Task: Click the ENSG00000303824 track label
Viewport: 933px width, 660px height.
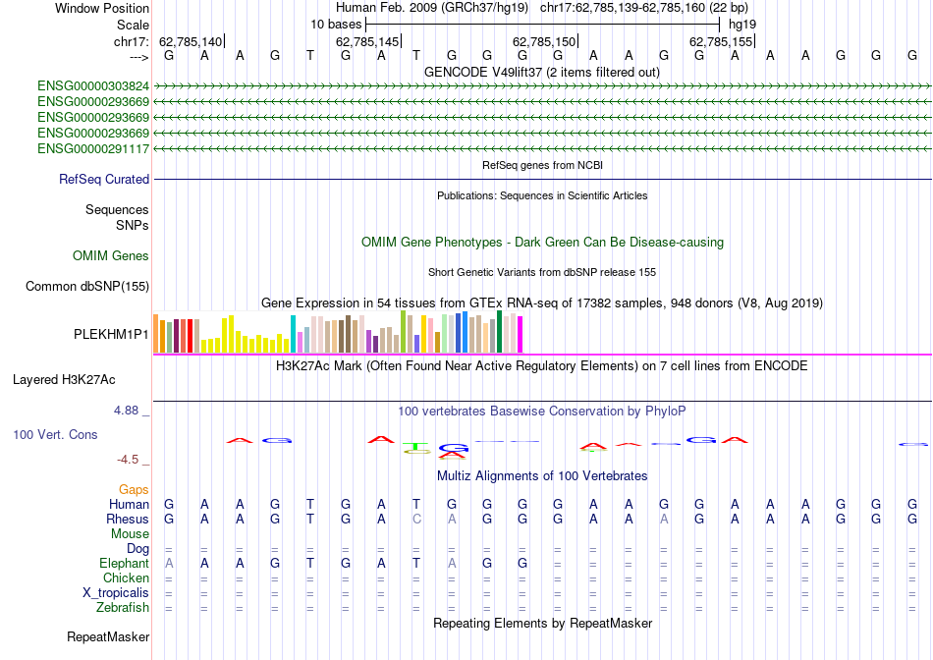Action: [x=93, y=85]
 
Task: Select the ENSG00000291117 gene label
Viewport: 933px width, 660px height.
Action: [x=93, y=148]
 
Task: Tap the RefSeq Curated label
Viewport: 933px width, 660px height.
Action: [x=104, y=179]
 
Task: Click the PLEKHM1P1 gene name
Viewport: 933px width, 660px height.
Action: [x=111, y=334]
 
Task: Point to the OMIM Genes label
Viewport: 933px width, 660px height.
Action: [x=111, y=255]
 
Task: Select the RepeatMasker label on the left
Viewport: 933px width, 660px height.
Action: [x=108, y=636]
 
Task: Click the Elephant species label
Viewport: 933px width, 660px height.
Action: [x=124, y=563]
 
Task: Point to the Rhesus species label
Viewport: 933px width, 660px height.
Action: [x=128, y=519]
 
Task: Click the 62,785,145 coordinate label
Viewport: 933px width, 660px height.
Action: [x=368, y=41]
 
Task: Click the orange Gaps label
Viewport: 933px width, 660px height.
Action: [x=134, y=489]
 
